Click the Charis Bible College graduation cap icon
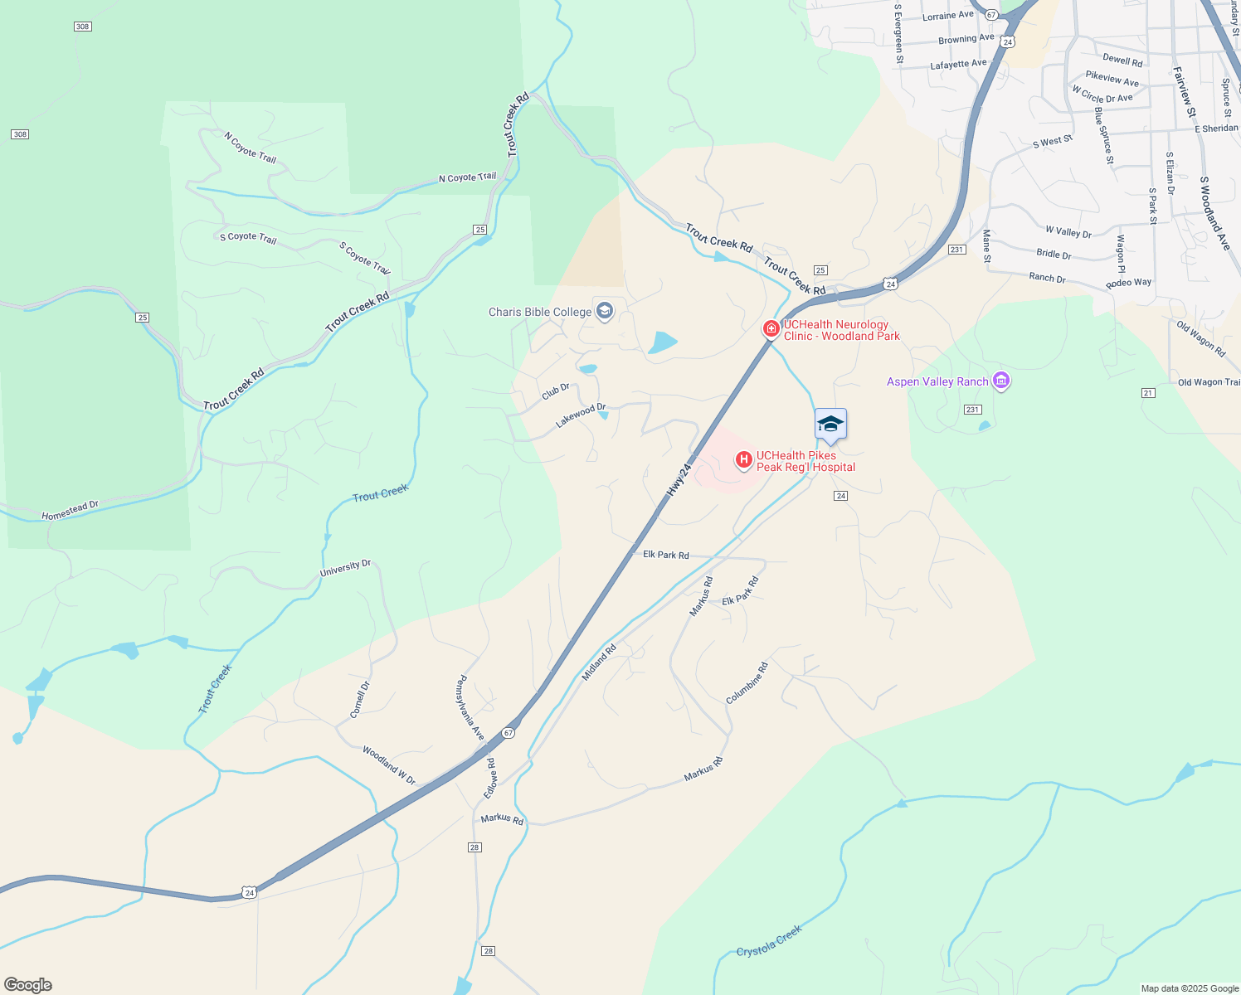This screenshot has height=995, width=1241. pos(605,312)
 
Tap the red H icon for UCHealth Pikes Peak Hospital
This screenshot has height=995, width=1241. pos(743,459)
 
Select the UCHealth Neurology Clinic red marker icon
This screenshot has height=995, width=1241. pos(771,329)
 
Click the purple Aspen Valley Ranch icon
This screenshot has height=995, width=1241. pos(1001,381)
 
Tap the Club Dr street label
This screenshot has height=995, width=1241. pos(556,391)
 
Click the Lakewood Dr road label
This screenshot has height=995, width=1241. pos(581,415)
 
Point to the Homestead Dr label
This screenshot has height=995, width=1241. pos(71,510)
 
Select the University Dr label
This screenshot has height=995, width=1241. pos(345,568)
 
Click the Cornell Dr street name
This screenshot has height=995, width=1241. pos(359,699)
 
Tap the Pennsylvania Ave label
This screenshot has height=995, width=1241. pos(470,708)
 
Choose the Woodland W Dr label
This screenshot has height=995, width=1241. pos(388,765)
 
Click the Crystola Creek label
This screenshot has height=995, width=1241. pos(769,941)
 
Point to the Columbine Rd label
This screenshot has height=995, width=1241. pos(747,683)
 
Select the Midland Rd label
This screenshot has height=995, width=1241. pos(599,663)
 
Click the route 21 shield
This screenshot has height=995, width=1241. pos(1148,393)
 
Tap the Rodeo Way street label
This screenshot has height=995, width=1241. pos(1128,283)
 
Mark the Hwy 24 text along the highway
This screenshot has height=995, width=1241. pos(679,480)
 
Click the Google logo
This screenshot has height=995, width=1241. pos(28,985)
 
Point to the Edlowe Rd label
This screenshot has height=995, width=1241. pos(490,778)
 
